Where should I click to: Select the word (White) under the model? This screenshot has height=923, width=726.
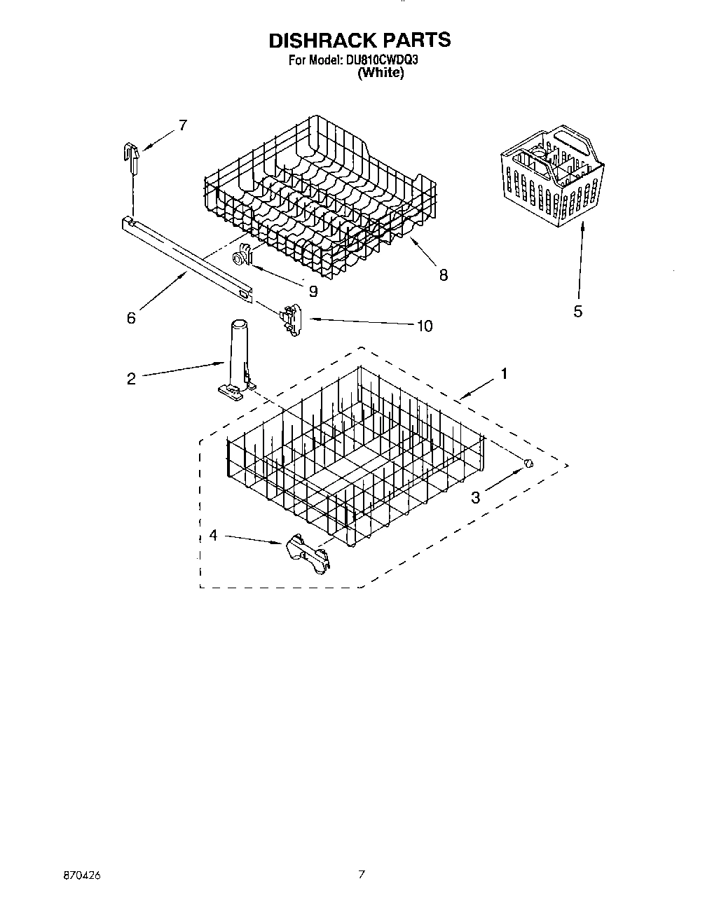[380, 73]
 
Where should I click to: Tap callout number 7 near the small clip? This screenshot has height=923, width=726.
[182, 125]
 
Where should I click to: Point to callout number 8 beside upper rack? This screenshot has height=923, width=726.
[443, 275]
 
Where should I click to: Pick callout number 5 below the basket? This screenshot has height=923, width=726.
[577, 312]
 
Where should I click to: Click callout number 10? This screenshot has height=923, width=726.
[424, 326]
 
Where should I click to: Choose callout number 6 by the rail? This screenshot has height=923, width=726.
[131, 318]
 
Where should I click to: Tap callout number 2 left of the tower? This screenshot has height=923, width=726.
[131, 379]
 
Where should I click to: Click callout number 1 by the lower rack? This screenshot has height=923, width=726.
[502, 374]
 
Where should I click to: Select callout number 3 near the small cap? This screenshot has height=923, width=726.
[476, 498]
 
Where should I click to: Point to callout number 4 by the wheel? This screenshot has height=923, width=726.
[213, 536]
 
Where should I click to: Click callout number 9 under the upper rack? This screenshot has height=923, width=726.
[313, 291]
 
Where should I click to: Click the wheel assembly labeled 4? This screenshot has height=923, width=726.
[307, 554]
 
